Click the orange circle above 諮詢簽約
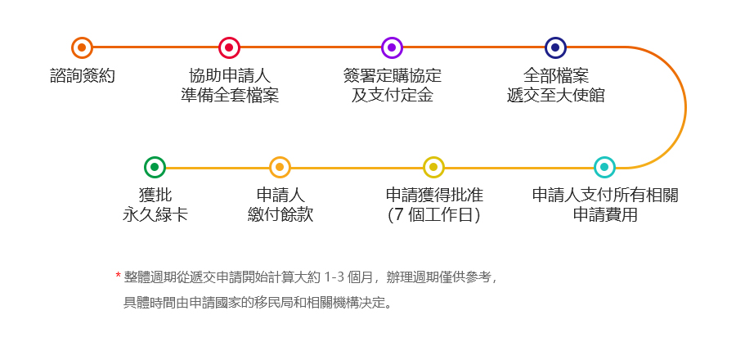(x=82, y=47)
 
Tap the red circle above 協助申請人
(x=229, y=47)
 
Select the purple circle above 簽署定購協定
(x=392, y=47)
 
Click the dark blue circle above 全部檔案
(x=555, y=47)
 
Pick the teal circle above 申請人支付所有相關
(x=604, y=167)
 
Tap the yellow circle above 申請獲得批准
(x=433, y=167)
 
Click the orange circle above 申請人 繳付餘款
(x=280, y=167)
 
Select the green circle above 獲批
(x=155, y=167)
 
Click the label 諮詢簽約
(x=82, y=76)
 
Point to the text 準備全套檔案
(x=229, y=95)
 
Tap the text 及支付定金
(x=392, y=95)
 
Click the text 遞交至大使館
(x=555, y=95)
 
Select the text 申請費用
(x=604, y=215)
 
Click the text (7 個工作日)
(x=433, y=215)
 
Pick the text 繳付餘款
(x=280, y=215)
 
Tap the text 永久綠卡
(x=155, y=215)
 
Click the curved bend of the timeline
(x=684, y=107)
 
